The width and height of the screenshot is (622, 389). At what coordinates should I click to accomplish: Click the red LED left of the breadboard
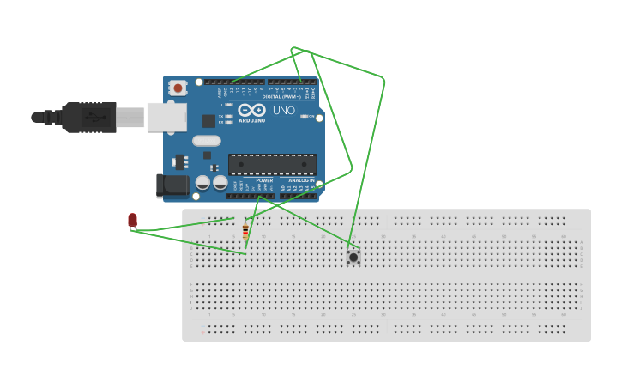132,221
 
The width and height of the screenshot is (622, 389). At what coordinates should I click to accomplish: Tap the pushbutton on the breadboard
353,257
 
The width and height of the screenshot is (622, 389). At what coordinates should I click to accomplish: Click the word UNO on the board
284,111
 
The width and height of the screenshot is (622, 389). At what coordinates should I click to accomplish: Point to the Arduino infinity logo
251,110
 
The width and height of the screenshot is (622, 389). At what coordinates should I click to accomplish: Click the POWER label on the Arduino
264,180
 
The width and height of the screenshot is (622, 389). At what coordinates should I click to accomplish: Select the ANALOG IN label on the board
301,180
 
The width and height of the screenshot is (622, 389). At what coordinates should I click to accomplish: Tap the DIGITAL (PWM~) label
281,97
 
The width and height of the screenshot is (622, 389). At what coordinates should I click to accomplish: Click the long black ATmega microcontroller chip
272,164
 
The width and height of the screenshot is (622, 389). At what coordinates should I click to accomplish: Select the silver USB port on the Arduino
166,117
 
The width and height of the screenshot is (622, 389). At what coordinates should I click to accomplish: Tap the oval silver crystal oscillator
207,141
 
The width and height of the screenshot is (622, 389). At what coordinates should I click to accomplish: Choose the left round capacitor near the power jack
202,182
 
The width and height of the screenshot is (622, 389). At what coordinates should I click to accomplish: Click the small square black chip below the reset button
208,121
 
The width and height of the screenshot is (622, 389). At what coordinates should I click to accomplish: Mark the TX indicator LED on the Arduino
229,116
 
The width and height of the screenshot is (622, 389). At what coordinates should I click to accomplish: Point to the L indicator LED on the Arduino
229,105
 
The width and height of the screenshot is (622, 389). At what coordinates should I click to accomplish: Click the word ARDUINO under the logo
251,120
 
